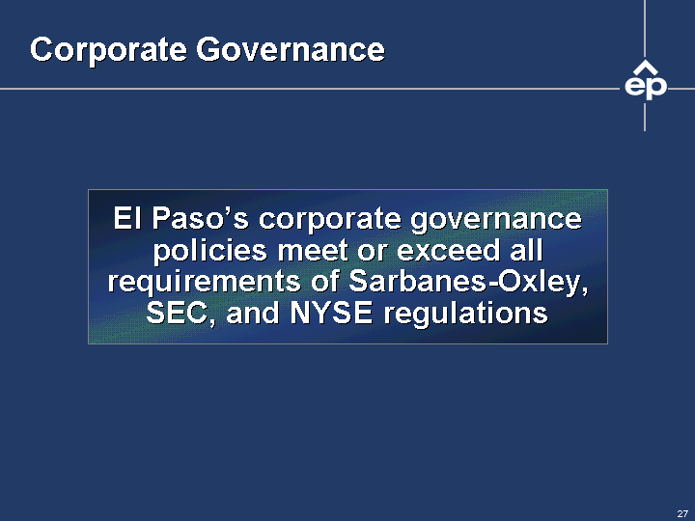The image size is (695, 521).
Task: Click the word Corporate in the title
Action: click(x=108, y=50)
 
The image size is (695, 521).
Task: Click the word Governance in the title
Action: click(x=291, y=49)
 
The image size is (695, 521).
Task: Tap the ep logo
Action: click(x=646, y=81)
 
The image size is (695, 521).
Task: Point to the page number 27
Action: click(x=682, y=513)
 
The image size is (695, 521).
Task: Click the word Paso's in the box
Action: click(x=200, y=218)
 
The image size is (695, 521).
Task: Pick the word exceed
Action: click(x=448, y=250)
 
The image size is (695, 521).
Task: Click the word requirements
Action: click(x=205, y=283)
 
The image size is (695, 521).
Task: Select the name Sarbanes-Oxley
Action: click(x=468, y=282)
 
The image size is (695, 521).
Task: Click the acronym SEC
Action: click(x=178, y=314)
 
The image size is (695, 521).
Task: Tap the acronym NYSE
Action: click(x=331, y=314)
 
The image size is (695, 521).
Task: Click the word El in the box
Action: click(x=127, y=218)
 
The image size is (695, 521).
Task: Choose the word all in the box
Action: click(x=526, y=250)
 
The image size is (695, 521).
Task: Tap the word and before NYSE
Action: click(x=252, y=314)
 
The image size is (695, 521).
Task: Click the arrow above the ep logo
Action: click(x=645, y=68)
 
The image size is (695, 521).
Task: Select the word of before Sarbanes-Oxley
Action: click(x=325, y=282)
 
